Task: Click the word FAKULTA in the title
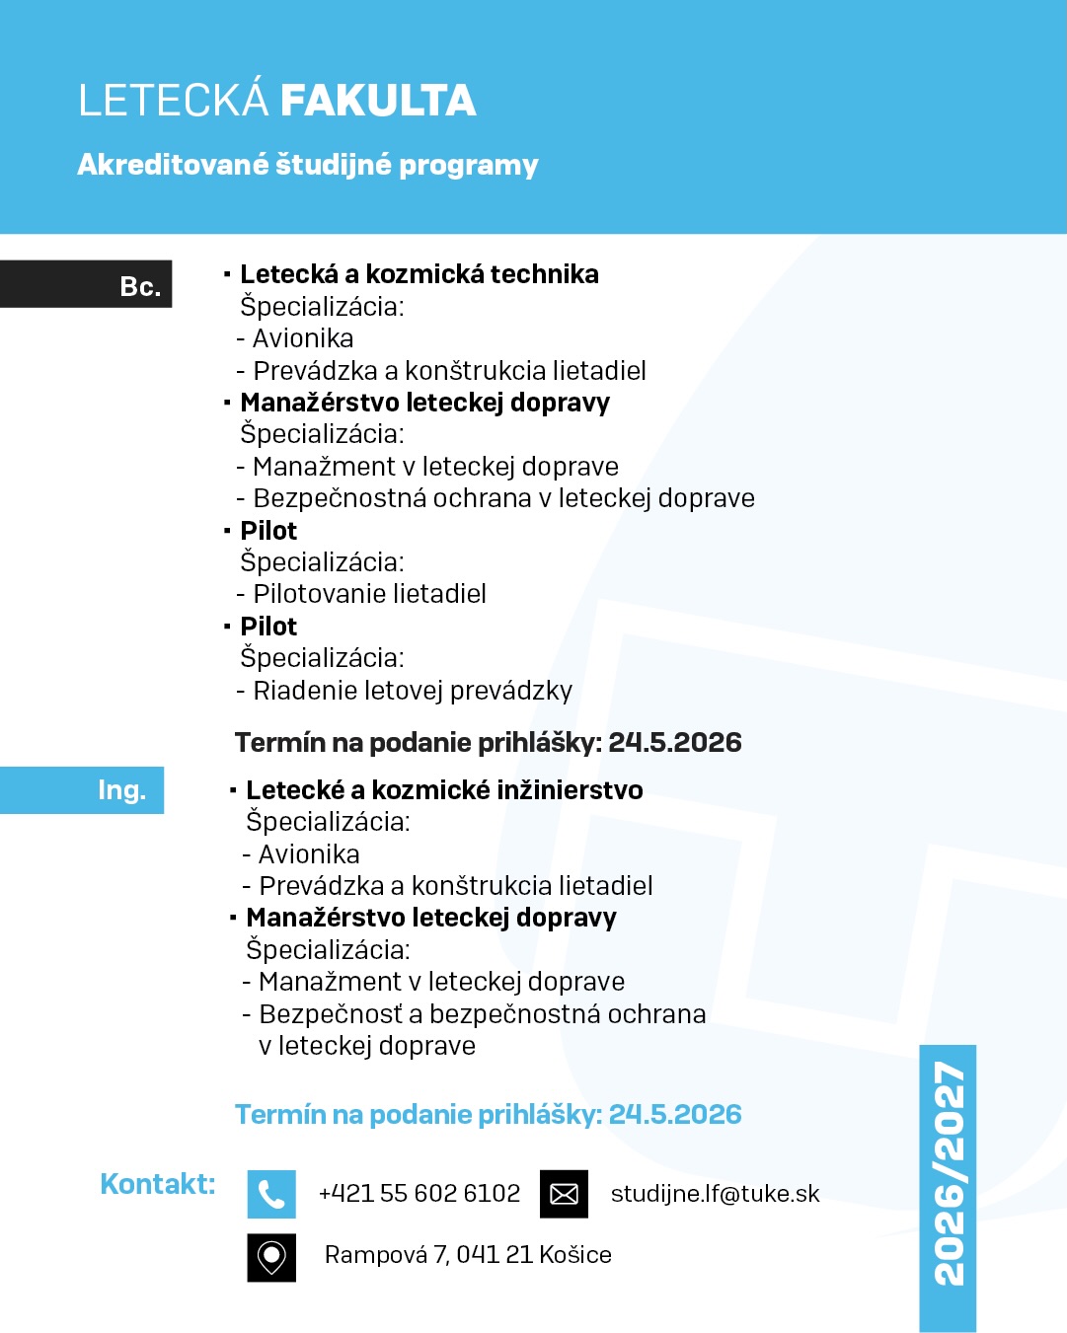[378, 101]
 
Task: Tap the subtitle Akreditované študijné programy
[308, 164]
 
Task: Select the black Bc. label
[86, 284]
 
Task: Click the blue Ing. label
[82, 790]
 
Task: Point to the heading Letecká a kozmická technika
[419, 274]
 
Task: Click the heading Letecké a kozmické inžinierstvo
[444, 790]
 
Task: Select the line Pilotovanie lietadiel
[369, 594]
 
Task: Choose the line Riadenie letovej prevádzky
[413, 691]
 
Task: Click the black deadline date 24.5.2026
[675, 743]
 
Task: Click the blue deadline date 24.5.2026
[675, 1115]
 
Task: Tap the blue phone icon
[271, 1194]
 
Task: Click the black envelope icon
[564, 1194]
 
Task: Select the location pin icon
[271, 1257]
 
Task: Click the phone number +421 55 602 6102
[419, 1194]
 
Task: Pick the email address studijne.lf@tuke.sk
[715, 1194]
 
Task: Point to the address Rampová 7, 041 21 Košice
[468, 1255]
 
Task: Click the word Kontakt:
[158, 1184]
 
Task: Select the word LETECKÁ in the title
[174, 101]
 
